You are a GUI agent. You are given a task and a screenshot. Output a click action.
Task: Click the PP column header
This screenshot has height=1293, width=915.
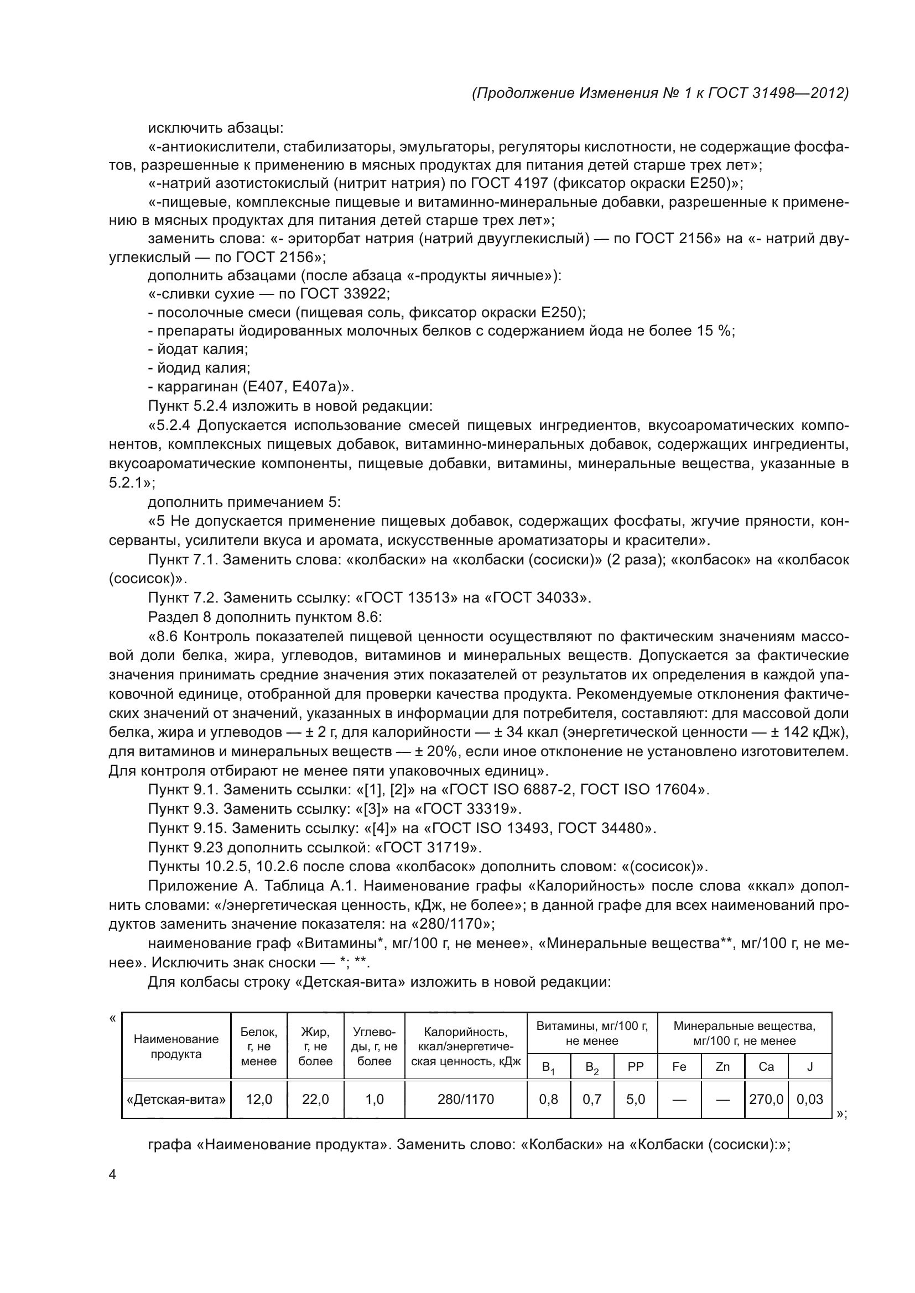click(x=636, y=1066)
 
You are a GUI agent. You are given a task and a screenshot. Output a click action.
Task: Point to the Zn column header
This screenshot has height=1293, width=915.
click(x=722, y=1066)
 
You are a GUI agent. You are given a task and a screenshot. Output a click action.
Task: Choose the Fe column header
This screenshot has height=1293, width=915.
click(x=679, y=1066)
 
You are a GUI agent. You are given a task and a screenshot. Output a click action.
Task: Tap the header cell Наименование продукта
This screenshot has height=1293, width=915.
click(x=176, y=1046)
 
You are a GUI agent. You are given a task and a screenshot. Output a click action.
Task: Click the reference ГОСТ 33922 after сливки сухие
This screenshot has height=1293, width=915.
click(x=344, y=294)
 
